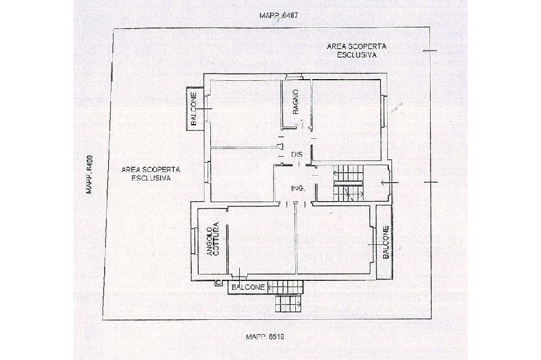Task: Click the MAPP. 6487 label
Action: coord(278,15)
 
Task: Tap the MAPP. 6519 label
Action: coord(265,337)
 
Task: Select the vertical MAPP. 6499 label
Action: coord(89,174)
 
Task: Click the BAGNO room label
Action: coord(296,102)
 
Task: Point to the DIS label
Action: coord(297,155)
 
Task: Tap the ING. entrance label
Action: coord(298,188)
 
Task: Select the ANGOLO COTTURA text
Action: coord(213,239)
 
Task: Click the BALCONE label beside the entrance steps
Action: coord(248,287)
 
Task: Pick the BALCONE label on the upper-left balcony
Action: coord(193,109)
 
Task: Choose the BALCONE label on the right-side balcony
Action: coord(386,242)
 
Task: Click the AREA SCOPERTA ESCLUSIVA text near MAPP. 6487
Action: coord(357,50)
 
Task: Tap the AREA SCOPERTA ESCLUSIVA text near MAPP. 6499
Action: coord(151,174)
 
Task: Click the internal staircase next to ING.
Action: coord(348,183)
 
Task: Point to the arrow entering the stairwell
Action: coord(389,182)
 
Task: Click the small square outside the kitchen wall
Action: coord(218,283)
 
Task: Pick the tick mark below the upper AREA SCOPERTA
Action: coord(430,51)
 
